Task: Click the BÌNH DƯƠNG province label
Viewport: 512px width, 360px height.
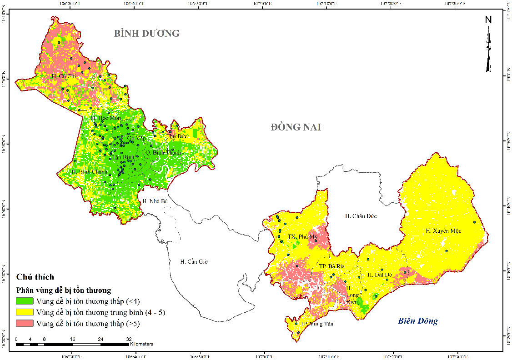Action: click(147, 34)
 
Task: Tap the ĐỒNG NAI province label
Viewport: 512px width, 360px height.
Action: click(296, 127)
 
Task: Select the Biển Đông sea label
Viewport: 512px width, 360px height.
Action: click(418, 321)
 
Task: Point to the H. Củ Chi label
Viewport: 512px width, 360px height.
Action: click(64, 76)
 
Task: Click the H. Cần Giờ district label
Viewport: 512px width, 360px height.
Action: click(194, 261)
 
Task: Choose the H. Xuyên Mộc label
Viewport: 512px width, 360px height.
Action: click(443, 231)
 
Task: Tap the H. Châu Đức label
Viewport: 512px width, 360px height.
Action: click(361, 216)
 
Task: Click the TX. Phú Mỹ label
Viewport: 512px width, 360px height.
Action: click(302, 237)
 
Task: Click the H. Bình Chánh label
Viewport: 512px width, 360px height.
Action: click(90, 172)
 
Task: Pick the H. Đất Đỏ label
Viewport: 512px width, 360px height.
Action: click(380, 275)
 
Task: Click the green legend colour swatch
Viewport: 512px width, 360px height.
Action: click(25, 301)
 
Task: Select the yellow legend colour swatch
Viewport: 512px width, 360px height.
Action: click(25, 312)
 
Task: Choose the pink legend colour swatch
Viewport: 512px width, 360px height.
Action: click(25, 324)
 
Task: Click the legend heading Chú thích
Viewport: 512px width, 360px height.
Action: click(35, 277)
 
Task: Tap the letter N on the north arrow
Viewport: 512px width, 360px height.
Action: click(488, 20)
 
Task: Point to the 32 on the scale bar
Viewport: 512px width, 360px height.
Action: click(129, 339)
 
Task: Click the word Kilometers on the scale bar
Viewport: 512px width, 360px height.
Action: click(141, 344)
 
